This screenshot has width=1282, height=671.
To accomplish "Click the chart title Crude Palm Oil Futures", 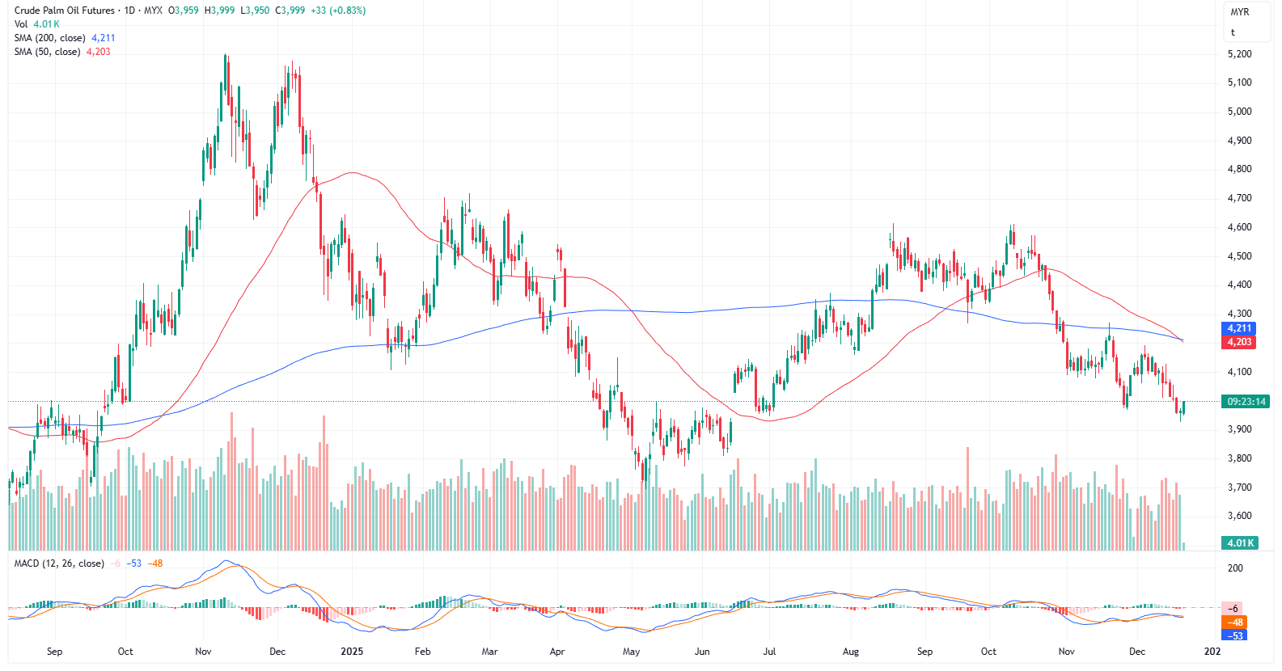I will (65, 11).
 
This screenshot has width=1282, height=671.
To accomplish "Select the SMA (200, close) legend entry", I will (49, 38).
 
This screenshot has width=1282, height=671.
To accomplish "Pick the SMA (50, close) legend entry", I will (47, 52).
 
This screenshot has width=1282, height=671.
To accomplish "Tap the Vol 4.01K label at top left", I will (36, 24).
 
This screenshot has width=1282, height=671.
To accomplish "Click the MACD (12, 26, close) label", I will (59, 563).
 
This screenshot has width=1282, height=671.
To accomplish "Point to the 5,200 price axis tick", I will (1239, 54).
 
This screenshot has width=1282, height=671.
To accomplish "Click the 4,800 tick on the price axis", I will (1239, 169).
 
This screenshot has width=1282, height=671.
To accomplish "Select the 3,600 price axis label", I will (1239, 516).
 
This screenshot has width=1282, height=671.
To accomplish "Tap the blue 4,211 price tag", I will (1239, 328).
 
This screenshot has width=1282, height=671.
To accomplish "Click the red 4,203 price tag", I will (1239, 342).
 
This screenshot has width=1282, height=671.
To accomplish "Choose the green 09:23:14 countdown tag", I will (1246, 402).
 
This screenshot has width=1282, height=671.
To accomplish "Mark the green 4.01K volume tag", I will (1240, 543).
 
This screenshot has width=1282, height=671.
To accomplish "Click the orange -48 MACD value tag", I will (1235, 622).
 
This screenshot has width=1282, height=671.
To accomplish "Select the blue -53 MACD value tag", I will (1236, 635).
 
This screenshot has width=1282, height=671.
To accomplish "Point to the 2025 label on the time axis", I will (352, 652).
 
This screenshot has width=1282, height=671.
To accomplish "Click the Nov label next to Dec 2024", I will (203, 652).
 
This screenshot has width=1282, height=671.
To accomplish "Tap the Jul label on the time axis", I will (769, 652).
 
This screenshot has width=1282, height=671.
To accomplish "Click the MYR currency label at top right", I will (1239, 12).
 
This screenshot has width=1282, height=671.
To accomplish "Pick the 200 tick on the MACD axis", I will (1235, 568).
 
